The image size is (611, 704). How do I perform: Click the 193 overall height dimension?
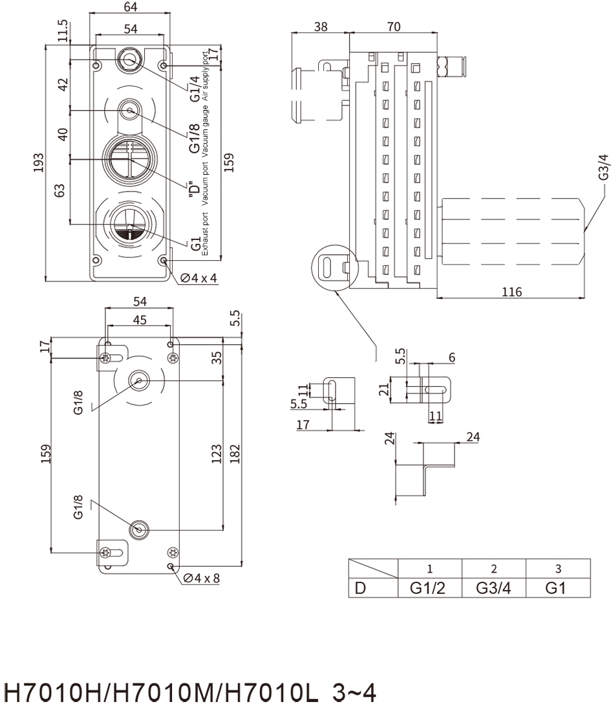(x=39, y=162)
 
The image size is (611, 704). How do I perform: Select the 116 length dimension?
(x=512, y=292)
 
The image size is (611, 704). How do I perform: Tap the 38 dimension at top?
(x=321, y=27)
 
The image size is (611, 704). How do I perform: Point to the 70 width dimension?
(x=394, y=27)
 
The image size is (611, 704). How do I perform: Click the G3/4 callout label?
(x=604, y=167)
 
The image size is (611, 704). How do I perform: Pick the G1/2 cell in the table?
(x=427, y=588)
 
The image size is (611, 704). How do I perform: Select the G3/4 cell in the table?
(x=493, y=588)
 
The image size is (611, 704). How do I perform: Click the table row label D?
(x=359, y=588)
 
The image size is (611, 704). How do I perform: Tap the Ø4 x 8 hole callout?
(x=202, y=578)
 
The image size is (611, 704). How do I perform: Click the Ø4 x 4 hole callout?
(x=198, y=278)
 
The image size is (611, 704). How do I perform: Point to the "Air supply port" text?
(x=206, y=77)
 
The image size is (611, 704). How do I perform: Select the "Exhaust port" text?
(x=205, y=234)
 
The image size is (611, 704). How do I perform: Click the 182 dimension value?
(x=235, y=454)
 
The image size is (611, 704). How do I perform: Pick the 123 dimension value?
(x=217, y=454)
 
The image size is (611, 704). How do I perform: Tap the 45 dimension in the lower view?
(x=140, y=320)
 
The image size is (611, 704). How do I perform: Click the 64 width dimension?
(x=130, y=6)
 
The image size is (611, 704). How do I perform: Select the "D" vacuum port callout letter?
(x=194, y=187)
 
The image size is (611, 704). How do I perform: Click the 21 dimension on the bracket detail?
(x=384, y=390)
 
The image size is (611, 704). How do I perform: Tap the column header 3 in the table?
(x=558, y=569)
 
